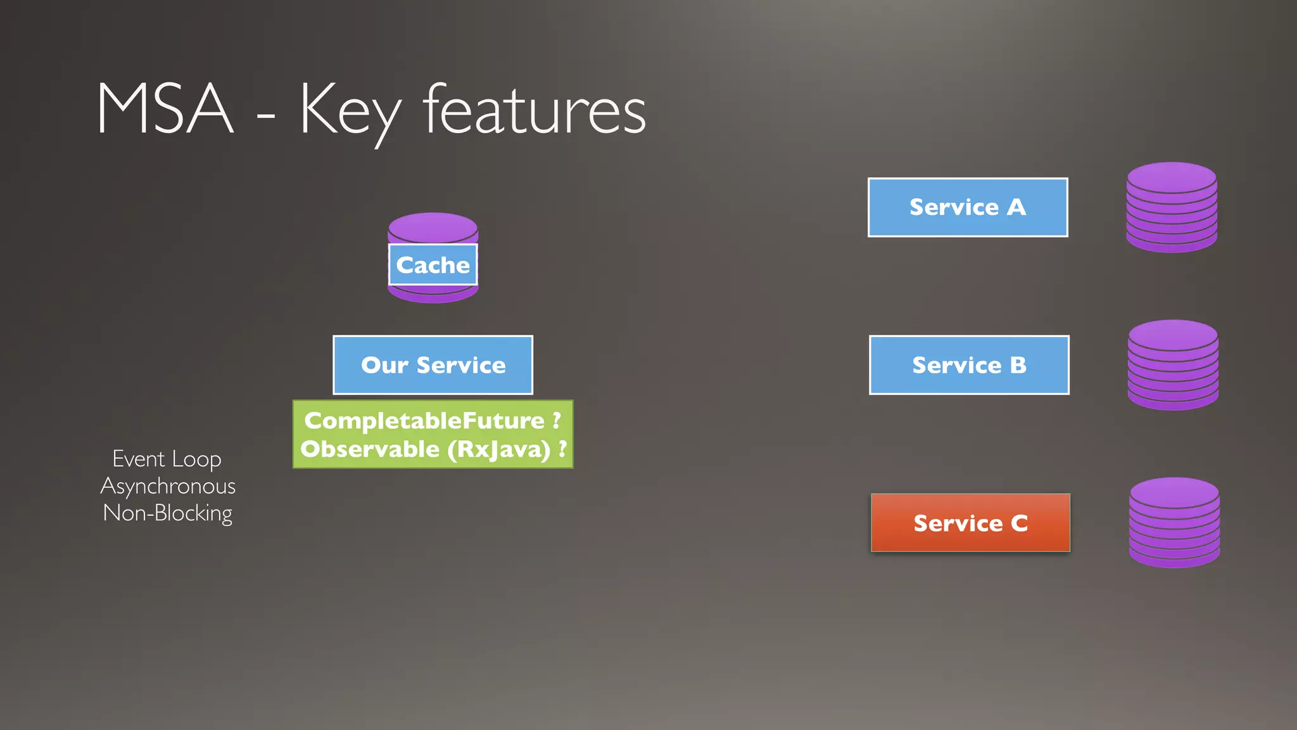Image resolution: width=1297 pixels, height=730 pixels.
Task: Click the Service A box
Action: point(968,207)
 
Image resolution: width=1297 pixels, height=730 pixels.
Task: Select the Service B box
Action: point(969,365)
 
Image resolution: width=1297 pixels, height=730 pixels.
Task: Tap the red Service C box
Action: point(970,523)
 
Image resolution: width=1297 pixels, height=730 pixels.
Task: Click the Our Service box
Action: point(433,365)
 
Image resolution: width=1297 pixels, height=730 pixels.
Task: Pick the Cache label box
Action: point(433,265)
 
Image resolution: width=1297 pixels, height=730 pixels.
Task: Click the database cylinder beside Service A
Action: point(1172,207)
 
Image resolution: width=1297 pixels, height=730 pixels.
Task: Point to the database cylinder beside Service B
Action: point(1173,365)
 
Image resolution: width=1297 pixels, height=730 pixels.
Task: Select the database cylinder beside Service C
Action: point(1174,523)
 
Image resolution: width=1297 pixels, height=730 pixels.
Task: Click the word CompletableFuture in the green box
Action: point(424,421)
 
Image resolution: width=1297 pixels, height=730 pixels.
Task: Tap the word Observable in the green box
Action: point(370,449)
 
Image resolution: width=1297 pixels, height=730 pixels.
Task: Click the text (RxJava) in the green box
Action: point(499,450)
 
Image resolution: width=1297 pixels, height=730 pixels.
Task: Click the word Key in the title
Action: point(350,112)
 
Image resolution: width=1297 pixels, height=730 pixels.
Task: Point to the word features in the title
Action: point(535,111)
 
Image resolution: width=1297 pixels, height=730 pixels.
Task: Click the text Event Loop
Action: point(167,459)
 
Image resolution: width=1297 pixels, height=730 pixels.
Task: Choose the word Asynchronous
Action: point(168,486)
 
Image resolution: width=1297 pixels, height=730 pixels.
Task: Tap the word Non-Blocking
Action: point(168,513)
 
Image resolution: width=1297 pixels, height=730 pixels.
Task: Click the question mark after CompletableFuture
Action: point(557,420)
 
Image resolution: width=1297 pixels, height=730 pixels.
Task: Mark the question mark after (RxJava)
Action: point(562,449)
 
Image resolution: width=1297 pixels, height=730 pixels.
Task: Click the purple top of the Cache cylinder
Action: point(433,227)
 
